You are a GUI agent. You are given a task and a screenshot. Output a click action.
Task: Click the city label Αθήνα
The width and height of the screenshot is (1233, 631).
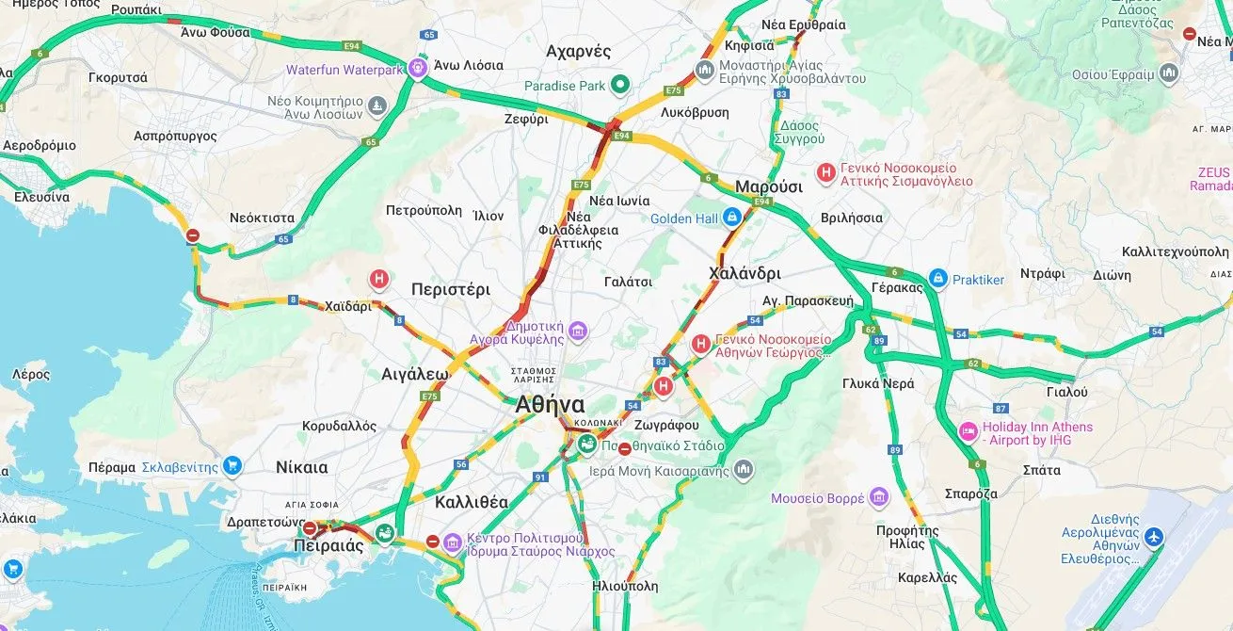(550, 405)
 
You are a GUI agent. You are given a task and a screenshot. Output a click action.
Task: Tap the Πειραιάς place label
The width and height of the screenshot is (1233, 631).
(328, 545)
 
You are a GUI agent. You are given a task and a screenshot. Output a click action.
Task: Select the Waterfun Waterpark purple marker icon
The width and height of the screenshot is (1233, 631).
(417, 69)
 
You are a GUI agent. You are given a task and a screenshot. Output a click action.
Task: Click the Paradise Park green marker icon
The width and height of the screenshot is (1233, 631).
(619, 86)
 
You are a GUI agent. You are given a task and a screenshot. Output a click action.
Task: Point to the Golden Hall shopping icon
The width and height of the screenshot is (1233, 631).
(731, 218)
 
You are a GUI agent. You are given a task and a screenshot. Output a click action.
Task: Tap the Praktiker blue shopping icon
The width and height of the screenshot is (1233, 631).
(937, 279)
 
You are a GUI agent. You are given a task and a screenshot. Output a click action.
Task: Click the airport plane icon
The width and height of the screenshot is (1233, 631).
(1153, 537)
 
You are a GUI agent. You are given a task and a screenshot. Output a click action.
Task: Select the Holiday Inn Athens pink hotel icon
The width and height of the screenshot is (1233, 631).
(968, 431)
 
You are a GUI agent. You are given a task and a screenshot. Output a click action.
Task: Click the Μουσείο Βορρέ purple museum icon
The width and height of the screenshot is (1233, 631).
(879, 496)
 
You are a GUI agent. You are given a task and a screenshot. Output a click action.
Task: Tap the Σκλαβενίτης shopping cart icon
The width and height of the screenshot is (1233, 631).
(232, 465)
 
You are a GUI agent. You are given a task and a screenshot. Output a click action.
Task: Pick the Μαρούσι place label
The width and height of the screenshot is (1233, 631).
(768, 186)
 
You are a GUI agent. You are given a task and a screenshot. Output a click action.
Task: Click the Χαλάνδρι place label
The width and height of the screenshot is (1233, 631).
(745, 273)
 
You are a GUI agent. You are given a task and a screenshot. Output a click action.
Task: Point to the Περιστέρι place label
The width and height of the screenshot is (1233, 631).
(451, 289)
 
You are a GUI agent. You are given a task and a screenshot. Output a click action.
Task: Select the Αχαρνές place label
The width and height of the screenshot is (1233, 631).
(579, 51)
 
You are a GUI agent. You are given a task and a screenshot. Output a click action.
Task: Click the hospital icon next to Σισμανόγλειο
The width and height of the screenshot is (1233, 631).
(825, 172)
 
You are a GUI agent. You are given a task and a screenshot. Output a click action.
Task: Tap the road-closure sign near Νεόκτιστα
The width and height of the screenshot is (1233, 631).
(193, 235)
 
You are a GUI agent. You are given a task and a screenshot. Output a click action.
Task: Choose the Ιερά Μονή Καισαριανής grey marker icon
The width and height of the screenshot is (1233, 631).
(744, 469)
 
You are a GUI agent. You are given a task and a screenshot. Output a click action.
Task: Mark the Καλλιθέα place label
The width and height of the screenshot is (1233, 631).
(472, 502)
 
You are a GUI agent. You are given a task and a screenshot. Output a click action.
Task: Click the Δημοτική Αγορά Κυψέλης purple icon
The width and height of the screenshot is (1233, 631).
(578, 331)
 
